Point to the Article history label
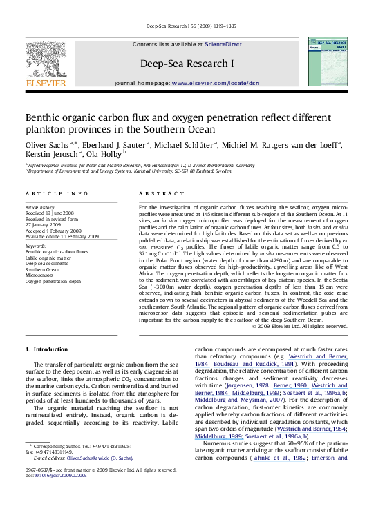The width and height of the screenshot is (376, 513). (39, 207)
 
